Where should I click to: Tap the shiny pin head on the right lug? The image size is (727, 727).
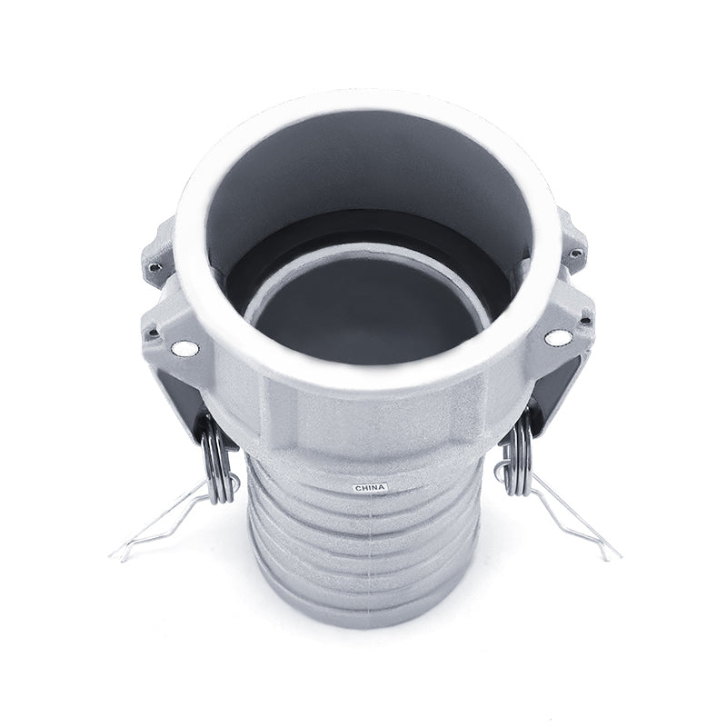(552, 338)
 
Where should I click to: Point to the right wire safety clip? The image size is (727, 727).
(568, 514)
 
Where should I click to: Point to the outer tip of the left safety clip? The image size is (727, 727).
(113, 555)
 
